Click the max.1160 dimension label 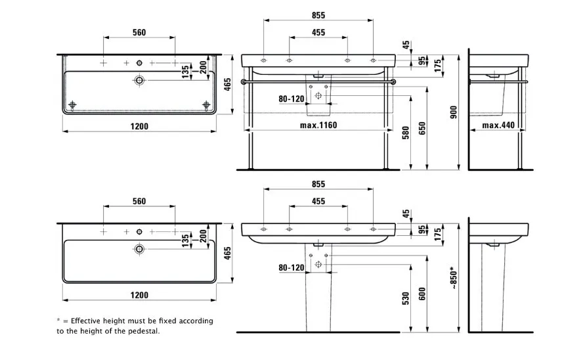pyautogui.click(x=318, y=125)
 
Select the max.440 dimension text pyautogui.click(x=501, y=125)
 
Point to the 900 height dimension pyautogui.click(x=453, y=113)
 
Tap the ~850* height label pyautogui.click(x=453, y=279)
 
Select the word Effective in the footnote pyautogui.click(x=89, y=321)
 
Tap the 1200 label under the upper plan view pyautogui.click(x=139, y=126)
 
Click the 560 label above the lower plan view pyautogui.click(x=139, y=201)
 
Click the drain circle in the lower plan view pyautogui.click(x=139, y=249)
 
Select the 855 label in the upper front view pyautogui.click(x=318, y=14)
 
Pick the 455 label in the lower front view pyautogui.click(x=318, y=201)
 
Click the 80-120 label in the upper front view pyautogui.click(x=292, y=99)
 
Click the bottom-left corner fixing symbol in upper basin pyautogui.click(x=72, y=105)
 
